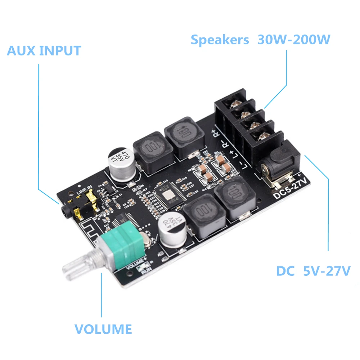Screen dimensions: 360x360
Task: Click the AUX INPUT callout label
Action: click(44, 51)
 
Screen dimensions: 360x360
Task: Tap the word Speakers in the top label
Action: click(220, 40)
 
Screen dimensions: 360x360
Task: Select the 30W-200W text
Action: click(294, 40)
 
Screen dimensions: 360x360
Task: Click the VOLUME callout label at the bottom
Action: click(103, 329)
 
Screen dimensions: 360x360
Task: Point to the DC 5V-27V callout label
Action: click(313, 271)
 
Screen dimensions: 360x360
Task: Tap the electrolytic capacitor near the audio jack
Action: click(121, 164)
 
